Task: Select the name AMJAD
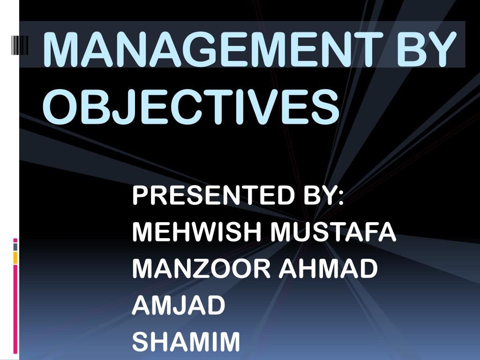coord(179,305)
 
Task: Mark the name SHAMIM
coord(186,342)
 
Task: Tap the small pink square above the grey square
coord(15,240)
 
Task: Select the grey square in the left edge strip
coord(15,247)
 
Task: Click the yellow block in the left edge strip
coord(15,257)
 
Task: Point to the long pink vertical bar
coord(15,309)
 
